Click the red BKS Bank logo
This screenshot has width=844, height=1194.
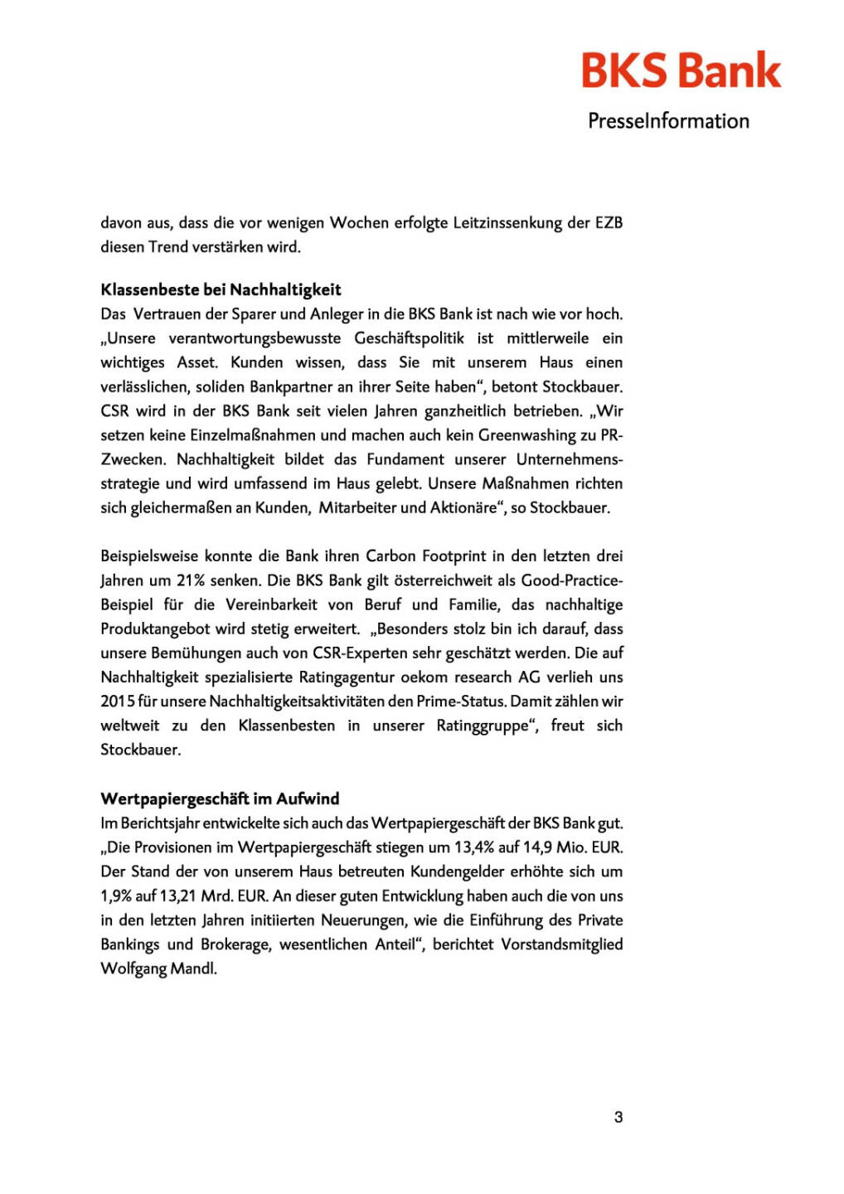tap(681, 70)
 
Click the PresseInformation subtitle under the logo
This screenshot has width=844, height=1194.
tap(668, 121)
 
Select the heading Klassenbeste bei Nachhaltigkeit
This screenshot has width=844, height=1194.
tap(221, 289)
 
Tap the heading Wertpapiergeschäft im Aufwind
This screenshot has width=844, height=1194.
tap(220, 798)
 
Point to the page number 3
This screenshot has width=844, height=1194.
tap(618, 1117)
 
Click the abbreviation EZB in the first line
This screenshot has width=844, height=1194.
tap(609, 222)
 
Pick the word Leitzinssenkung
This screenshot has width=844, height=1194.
tap(507, 222)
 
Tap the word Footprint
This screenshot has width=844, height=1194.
tap(458, 556)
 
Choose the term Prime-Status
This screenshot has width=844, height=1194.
tap(461, 701)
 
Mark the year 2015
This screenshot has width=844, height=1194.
tap(118, 701)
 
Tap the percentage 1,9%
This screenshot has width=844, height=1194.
tap(116, 895)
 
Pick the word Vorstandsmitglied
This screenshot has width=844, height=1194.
tap(562, 944)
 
